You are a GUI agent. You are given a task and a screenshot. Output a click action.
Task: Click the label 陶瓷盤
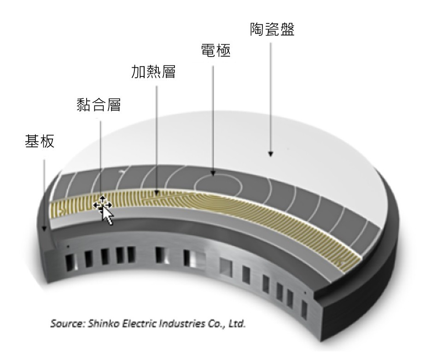point(272,29)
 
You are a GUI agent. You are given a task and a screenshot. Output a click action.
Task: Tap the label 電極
point(216,51)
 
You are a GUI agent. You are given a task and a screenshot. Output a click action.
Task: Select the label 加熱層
point(153,71)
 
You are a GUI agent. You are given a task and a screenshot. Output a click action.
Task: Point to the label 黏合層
point(99,105)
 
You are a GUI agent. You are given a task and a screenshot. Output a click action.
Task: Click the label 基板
point(40,141)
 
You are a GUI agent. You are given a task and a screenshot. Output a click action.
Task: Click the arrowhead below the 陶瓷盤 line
point(270,154)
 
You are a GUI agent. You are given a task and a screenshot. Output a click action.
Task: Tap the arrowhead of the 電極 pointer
point(213,173)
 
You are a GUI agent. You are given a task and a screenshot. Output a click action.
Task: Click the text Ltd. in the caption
point(237,324)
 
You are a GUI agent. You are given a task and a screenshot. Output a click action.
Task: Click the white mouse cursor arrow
point(107,215)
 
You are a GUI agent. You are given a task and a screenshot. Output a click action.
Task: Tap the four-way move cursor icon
point(102,205)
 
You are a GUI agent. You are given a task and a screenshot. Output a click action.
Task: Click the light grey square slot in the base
point(226,267)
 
